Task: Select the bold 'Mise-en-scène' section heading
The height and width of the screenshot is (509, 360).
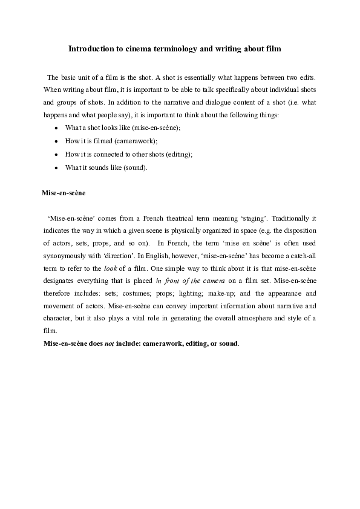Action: tap(64, 193)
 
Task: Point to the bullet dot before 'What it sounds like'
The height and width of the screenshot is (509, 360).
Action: tap(56, 167)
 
